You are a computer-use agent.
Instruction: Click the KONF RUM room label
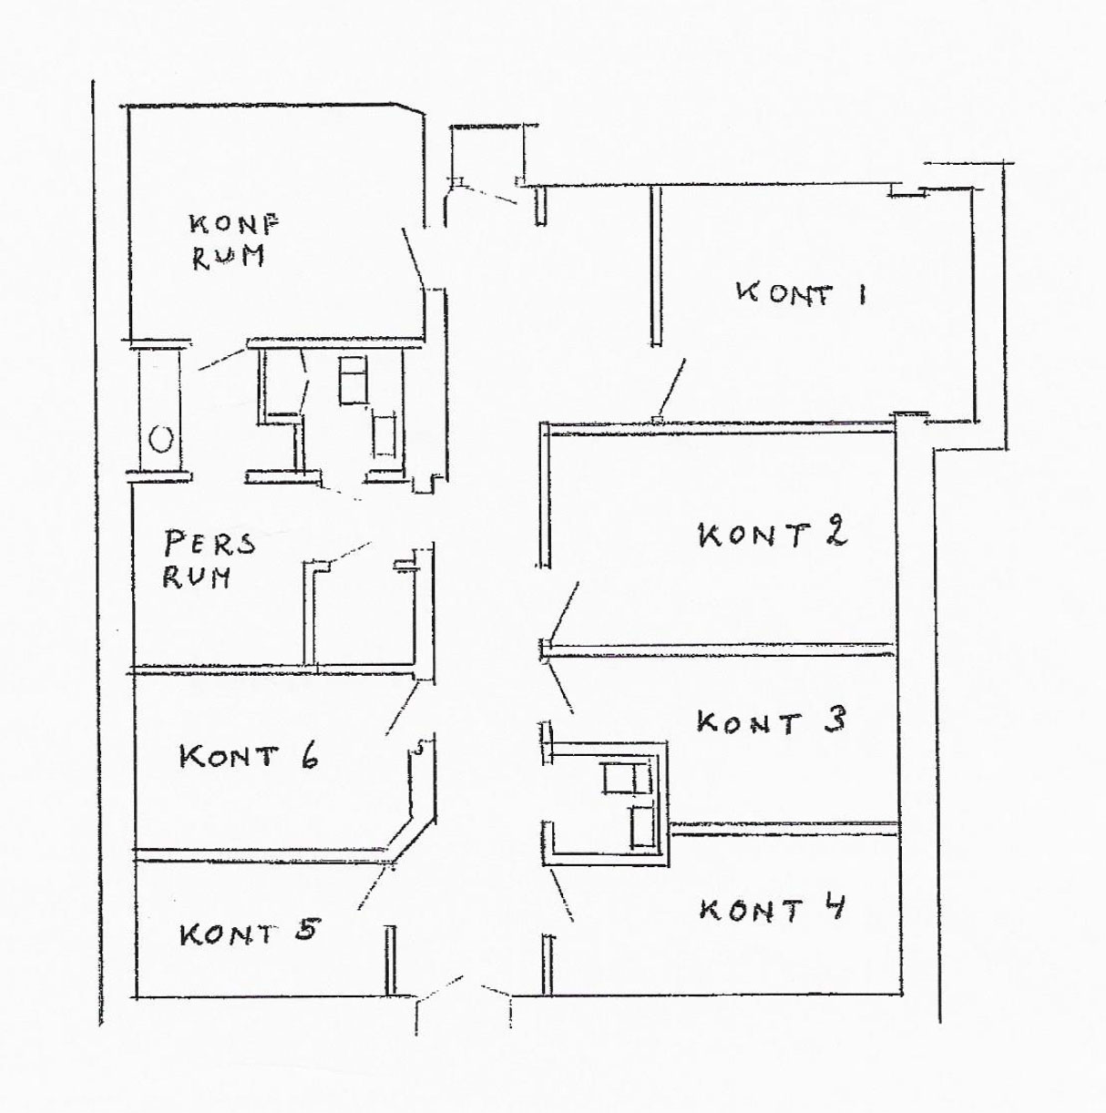(233, 240)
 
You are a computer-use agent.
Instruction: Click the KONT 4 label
(773, 908)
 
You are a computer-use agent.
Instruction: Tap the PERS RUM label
(209, 559)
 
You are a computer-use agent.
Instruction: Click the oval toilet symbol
(160, 440)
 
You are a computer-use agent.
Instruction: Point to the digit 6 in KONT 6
(309, 755)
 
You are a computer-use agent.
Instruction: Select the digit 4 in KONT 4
(833, 907)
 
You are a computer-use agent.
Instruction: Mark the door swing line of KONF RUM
(414, 258)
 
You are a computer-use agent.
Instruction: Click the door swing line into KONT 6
(402, 708)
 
